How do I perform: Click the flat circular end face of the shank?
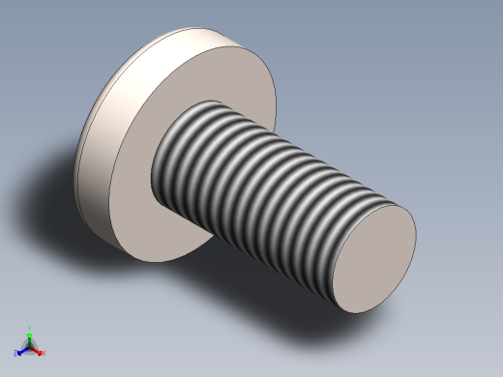372,260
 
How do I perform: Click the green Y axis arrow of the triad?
30,333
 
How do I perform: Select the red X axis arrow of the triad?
38,351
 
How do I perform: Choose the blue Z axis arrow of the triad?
21,351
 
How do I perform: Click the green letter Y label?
30,328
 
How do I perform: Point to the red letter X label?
43,353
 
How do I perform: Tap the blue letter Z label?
16,354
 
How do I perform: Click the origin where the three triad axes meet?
30,347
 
